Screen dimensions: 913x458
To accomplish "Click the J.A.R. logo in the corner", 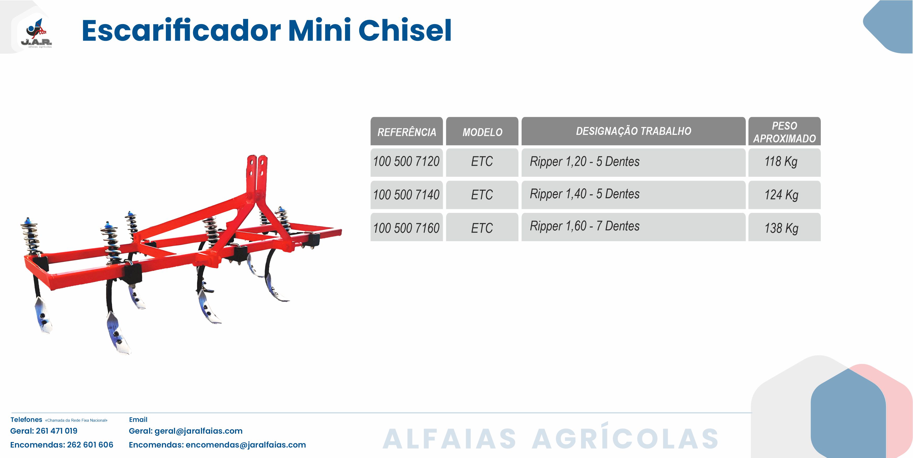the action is click(x=36, y=33).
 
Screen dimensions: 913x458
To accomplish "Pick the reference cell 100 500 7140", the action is click(x=407, y=195).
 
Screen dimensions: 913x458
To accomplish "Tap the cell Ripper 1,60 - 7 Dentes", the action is click(x=633, y=227).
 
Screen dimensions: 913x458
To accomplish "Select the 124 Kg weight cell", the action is click(x=784, y=195).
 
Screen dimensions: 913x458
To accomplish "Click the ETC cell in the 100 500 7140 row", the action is click(x=482, y=195).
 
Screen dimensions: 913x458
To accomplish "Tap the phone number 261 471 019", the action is click(x=57, y=431).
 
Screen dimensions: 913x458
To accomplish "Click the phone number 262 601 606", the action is click(x=90, y=445).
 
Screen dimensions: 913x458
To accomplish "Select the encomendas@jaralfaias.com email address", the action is click(x=246, y=445).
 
